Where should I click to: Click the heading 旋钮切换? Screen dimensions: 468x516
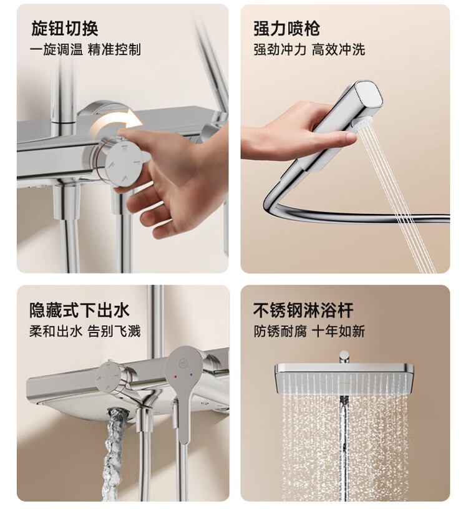[x=64, y=28]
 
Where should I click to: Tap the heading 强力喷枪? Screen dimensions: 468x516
[x=286, y=28]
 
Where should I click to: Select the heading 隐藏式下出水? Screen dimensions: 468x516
[x=79, y=310]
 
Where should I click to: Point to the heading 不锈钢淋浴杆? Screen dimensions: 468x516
[x=303, y=310]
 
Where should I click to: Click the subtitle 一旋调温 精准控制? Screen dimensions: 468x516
[x=85, y=50]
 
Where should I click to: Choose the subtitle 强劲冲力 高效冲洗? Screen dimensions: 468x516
[x=309, y=50]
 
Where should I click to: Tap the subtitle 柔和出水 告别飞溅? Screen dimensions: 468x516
[x=85, y=331]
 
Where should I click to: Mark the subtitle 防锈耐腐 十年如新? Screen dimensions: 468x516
[x=309, y=331]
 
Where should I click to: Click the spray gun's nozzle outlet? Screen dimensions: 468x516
[x=363, y=123]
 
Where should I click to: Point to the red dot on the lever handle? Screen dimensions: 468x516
[x=175, y=376]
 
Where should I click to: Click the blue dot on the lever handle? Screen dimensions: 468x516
[x=191, y=374]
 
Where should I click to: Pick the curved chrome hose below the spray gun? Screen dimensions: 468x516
[x=346, y=211]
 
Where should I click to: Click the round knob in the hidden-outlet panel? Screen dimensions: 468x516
[x=109, y=377]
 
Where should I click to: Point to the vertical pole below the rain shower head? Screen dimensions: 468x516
[x=344, y=447]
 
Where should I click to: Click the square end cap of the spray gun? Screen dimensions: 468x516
[x=369, y=95]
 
